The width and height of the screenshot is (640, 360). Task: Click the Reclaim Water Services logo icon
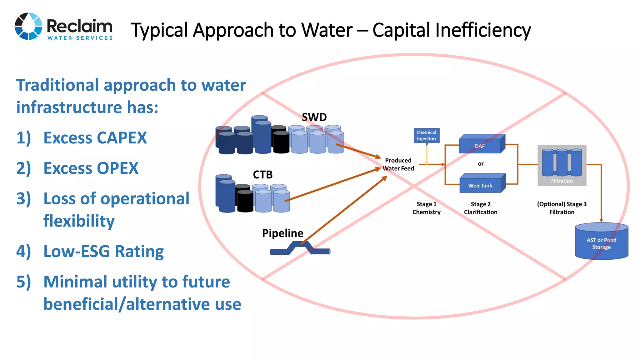pos(28,26)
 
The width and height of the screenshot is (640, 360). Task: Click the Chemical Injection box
pos(426,136)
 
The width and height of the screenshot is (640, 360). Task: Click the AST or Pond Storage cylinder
pos(601,242)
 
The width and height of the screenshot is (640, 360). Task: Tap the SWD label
pos(314,117)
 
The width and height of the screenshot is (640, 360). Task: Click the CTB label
pos(262,175)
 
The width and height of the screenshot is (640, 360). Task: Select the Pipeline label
pos(282,233)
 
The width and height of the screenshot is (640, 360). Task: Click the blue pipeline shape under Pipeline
pos(300,249)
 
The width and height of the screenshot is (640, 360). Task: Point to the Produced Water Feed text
pos(398,164)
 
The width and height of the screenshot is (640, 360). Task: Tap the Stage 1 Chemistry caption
pos(426,208)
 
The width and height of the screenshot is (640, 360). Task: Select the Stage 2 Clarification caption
pos(480,208)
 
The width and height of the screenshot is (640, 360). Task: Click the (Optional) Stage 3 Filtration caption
pos(562,208)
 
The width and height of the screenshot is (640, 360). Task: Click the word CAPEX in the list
pos(122,138)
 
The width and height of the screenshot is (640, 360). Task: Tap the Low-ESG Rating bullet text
pos(103,252)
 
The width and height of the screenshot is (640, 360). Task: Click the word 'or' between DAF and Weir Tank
pos(480,164)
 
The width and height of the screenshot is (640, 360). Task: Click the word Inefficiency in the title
pos(482,30)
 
